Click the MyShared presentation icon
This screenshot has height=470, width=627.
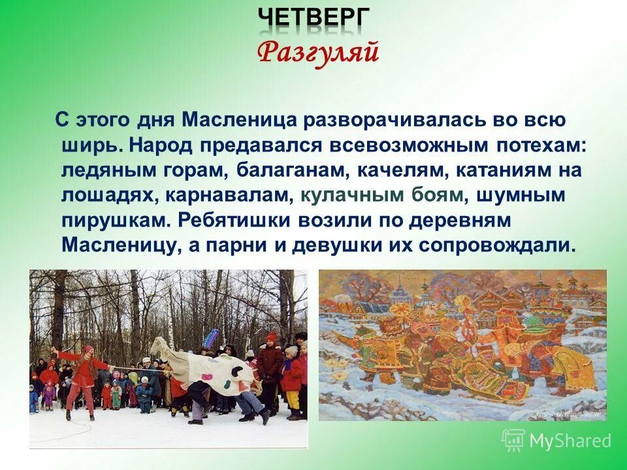513,441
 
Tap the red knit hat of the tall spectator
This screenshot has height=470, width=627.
270,337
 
